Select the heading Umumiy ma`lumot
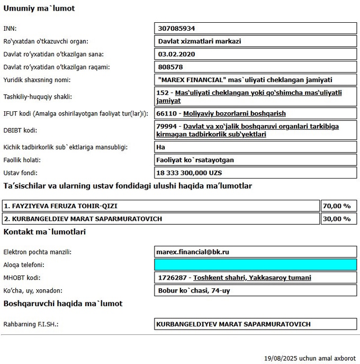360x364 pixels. pyautogui.click(x=39, y=8)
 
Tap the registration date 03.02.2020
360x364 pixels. pyautogui.click(x=177, y=54)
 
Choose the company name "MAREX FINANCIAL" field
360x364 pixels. pyautogui.click(x=245, y=80)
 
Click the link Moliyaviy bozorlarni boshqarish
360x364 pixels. pyautogui.click(x=235, y=113)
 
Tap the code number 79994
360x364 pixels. pyautogui.click(x=167, y=127)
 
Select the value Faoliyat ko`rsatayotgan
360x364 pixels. pyautogui.click(x=195, y=159)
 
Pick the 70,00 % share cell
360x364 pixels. pyautogui.click(x=339, y=206)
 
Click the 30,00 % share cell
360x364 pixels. pyautogui.click(x=339, y=218)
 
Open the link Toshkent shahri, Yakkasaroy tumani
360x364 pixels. pyautogui.click(x=252, y=278)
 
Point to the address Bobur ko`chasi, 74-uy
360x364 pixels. pyautogui.click(x=194, y=290)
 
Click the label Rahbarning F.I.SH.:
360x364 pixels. pyautogui.click(x=31, y=324)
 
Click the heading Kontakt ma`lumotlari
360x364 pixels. pyautogui.click(x=44, y=232)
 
